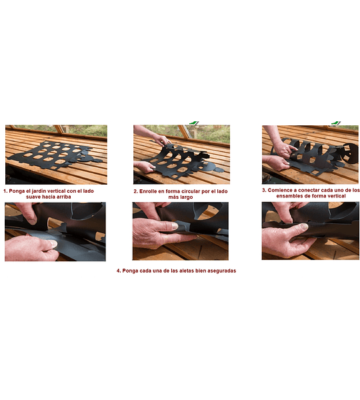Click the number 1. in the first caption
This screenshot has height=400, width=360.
5,191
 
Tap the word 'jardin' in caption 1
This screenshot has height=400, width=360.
39,191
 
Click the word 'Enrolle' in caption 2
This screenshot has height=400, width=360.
148,191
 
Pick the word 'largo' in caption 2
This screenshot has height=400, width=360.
187,197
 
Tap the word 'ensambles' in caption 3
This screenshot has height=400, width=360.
288,196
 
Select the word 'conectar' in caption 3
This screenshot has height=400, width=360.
307,190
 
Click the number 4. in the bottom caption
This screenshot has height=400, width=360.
119,271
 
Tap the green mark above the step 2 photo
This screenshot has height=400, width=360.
193,123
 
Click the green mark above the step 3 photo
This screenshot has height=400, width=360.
336,123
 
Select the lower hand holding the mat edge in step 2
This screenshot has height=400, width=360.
145,167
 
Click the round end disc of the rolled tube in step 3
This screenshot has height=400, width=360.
350,153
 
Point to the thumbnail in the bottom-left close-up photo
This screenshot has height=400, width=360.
53,243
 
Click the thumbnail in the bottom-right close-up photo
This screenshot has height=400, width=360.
303,227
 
